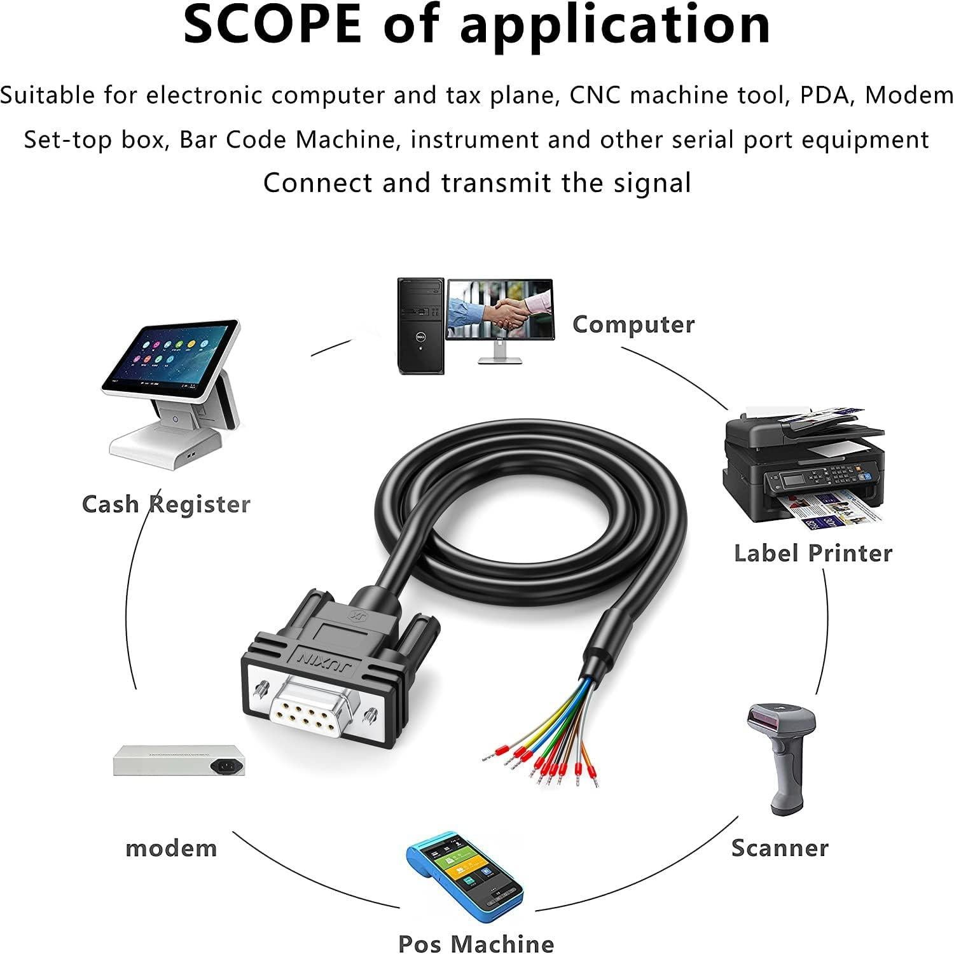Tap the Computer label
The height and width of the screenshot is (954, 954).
click(x=633, y=325)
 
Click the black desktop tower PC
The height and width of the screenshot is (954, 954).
click(x=420, y=326)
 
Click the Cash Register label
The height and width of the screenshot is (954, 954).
click(x=166, y=504)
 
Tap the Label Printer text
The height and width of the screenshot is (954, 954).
click(x=813, y=553)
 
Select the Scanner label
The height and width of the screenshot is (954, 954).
click(x=780, y=848)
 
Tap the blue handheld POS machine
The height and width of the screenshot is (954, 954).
click(x=465, y=878)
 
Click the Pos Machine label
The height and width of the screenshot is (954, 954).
click(x=476, y=943)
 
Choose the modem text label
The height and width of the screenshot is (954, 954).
click(x=171, y=848)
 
